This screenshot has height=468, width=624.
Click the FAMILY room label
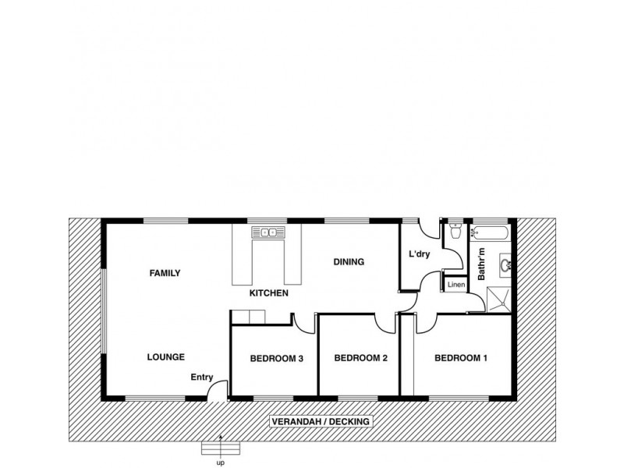165,273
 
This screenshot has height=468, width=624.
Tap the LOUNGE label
165,357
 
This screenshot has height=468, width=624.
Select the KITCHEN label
269,293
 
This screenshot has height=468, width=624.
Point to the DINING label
349,262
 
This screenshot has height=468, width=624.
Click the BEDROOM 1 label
460,359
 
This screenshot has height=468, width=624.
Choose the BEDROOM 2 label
361,359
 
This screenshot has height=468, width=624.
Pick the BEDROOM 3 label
276,359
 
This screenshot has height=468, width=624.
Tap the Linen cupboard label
456,285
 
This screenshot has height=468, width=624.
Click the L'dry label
421,253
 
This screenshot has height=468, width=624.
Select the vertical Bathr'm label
482,264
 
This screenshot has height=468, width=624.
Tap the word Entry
202,378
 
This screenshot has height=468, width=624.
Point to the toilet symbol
456,231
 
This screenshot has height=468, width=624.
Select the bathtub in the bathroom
491,232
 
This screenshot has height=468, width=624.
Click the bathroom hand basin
505,266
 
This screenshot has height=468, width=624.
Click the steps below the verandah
221,448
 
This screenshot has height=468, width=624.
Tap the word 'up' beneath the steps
221,462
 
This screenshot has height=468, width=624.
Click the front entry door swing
219,388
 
